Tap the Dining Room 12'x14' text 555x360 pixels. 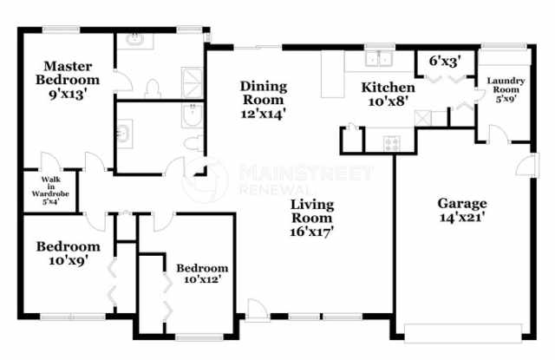(x=263, y=99)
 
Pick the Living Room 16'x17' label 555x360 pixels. (x=312, y=218)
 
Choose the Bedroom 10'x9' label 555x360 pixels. (x=62, y=252)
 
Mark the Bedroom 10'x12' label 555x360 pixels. (x=202, y=273)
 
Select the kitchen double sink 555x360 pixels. (x=378, y=59)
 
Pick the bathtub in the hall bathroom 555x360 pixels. (x=193, y=117)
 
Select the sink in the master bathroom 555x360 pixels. (x=137, y=40)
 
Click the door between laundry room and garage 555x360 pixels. (x=495, y=134)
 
